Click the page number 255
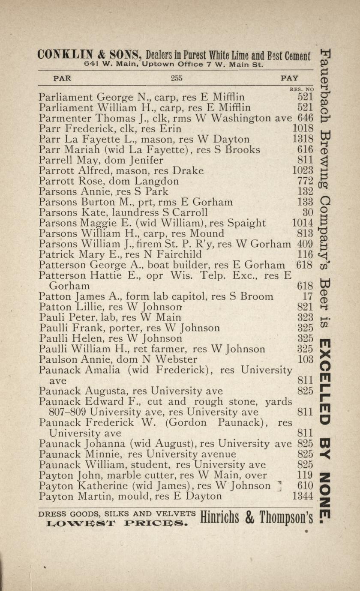[x=177, y=78]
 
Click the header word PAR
[x=62, y=78]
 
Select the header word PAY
[x=289, y=78]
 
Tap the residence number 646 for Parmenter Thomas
[x=305, y=118]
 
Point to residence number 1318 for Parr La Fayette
[x=303, y=139]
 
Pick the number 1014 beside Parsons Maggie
[x=303, y=223]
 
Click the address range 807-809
[x=68, y=412]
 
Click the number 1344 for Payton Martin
[x=303, y=496]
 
